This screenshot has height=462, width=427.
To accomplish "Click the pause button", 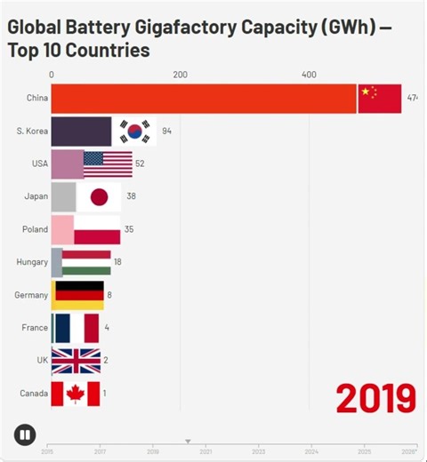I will [x=25, y=434].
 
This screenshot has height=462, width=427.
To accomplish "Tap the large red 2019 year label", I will [x=375, y=398].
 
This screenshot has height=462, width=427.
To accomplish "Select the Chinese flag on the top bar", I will [x=380, y=98].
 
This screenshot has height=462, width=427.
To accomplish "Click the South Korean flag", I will [x=135, y=131].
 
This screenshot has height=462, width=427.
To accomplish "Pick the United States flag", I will [x=108, y=164].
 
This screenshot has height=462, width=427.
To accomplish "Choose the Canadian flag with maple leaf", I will [x=76, y=393].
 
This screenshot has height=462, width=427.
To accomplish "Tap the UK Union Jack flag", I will [x=76, y=361].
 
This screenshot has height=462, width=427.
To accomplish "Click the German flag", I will [x=78, y=295].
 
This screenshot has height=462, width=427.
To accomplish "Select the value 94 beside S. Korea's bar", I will [x=166, y=131].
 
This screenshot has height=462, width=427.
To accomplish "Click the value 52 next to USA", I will [x=140, y=164].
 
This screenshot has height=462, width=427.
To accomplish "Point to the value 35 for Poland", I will [x=129, y=229].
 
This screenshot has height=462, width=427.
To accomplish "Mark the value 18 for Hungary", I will [x=117, y=262].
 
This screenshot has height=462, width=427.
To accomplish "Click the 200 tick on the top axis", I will [x=180, y=75].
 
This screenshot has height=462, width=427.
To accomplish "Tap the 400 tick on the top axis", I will [x=309, y=75].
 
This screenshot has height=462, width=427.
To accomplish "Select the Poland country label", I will [x=35, y=229].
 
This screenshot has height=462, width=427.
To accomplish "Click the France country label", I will [x=35, y=328].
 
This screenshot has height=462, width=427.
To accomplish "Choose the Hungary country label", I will [x=32, y=262].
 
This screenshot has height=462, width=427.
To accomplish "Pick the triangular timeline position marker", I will [x=188, y=441].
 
